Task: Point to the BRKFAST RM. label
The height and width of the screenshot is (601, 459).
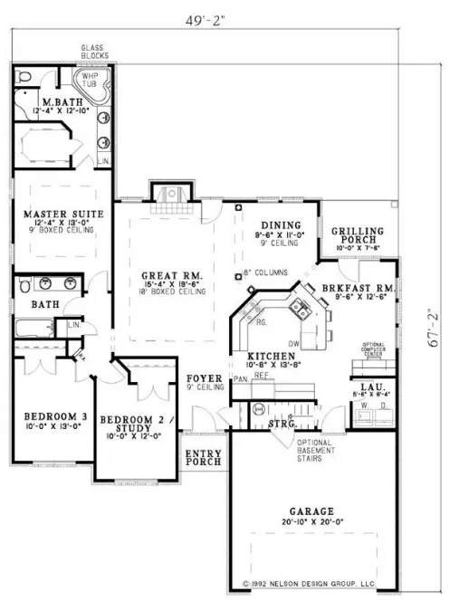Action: point(359,288)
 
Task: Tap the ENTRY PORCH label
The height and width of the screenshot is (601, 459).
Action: point(204,458)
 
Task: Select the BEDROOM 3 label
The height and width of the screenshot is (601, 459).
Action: point(48,416)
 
